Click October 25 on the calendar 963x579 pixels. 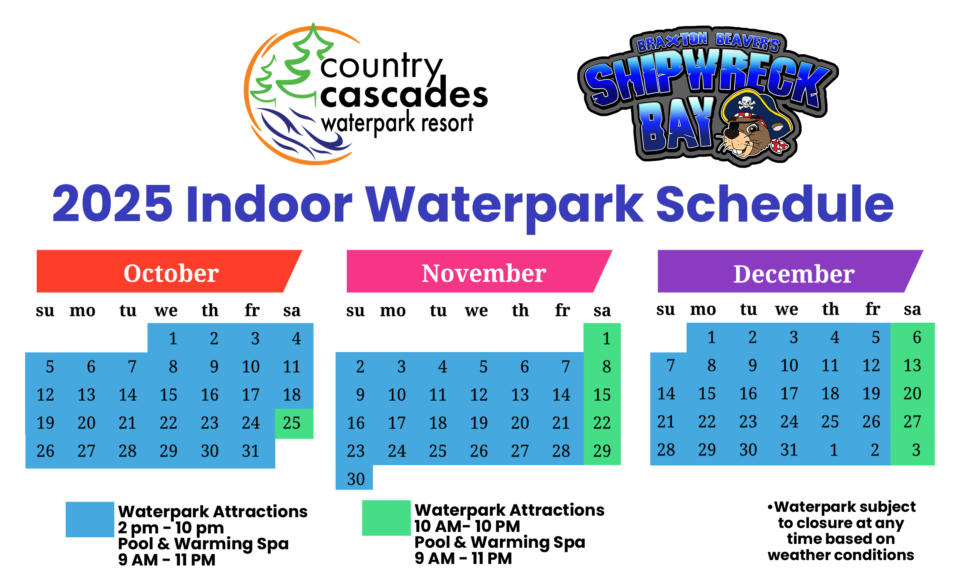[292, 423]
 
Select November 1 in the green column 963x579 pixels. [606, 338]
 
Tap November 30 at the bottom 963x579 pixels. [356, 479]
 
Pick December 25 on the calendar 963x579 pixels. [829, 422]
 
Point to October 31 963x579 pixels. [251, 451]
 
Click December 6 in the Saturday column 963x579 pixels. [917, 337]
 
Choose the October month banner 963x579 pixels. [170, 271]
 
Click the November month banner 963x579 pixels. [479, 271]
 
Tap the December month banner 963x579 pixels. [790, 271]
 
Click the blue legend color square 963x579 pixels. [90, 519]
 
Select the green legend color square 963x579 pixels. [386, 518]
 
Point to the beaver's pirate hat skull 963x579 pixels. [746, 102]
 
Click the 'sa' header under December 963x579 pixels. [912, 310]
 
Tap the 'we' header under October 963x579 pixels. [166, 311]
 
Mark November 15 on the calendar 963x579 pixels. [602, 395]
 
